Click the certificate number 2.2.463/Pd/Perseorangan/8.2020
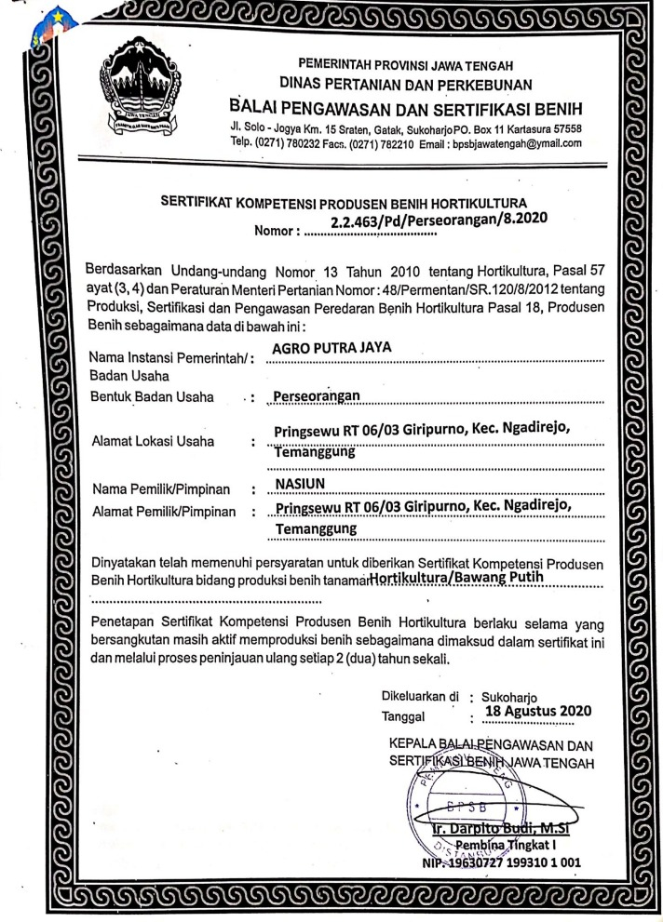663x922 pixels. point(438,220)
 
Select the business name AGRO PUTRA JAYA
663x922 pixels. point(322,348)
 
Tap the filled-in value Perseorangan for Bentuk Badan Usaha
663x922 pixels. point(315,398)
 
